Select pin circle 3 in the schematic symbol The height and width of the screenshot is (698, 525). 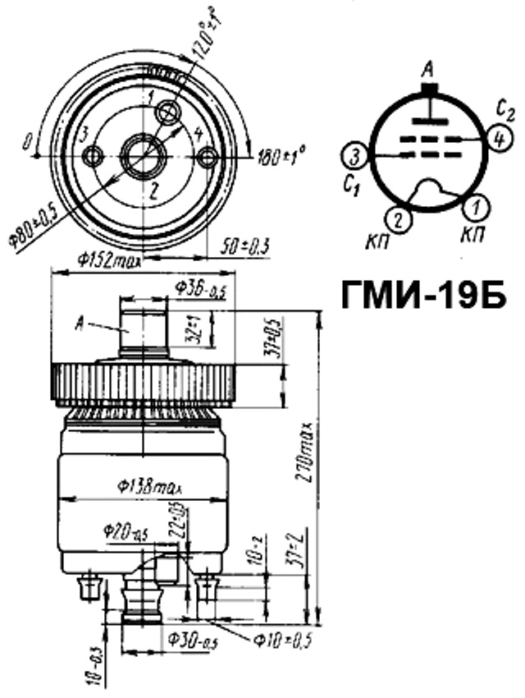[354, 155]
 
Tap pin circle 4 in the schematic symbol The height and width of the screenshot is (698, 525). [496, 139]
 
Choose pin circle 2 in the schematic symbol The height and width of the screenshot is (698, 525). [397, 219]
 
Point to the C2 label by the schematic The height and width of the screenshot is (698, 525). [504, 108]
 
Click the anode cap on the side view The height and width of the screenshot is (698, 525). [145, 328]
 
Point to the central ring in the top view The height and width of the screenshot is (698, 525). [140, 154]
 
